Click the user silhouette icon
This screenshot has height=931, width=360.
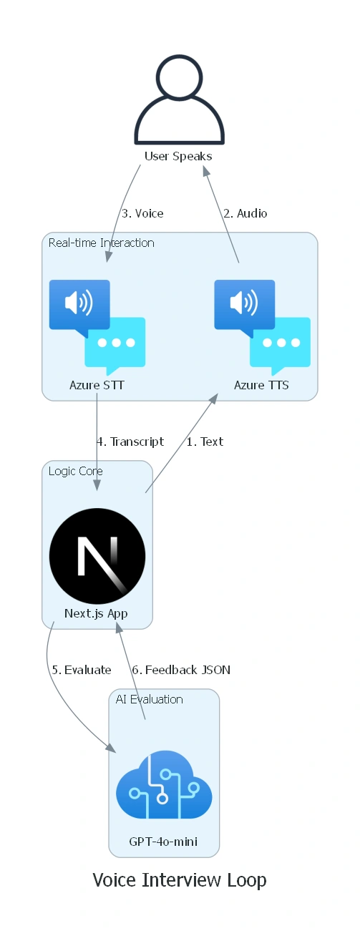pos(180,99)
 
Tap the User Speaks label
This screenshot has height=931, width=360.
pos(178,156)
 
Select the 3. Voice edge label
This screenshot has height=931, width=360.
pos(142,213)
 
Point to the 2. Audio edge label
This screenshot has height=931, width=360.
pos(245,213)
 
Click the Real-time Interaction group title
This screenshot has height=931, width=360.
pos(102,243)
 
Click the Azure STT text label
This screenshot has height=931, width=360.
pos(97,385)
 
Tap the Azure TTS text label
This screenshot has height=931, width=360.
pos(261,385)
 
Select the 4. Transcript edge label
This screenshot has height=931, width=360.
pos(130,442)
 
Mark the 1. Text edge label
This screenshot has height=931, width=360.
pos(205,442)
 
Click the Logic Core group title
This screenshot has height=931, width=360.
pos(76,471)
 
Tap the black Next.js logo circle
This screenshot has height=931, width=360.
pos(97,556)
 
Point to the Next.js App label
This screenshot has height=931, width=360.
pos(96,613)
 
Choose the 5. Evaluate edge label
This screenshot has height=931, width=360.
pos(82,670)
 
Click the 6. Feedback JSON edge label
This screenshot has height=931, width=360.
pos(181,670)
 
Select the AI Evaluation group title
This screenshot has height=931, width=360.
pos(150,699)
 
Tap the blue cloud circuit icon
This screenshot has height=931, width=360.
pos(164,784)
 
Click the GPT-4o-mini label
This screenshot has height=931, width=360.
pos(163,842)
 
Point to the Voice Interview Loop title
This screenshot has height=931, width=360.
pos(180,880)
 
